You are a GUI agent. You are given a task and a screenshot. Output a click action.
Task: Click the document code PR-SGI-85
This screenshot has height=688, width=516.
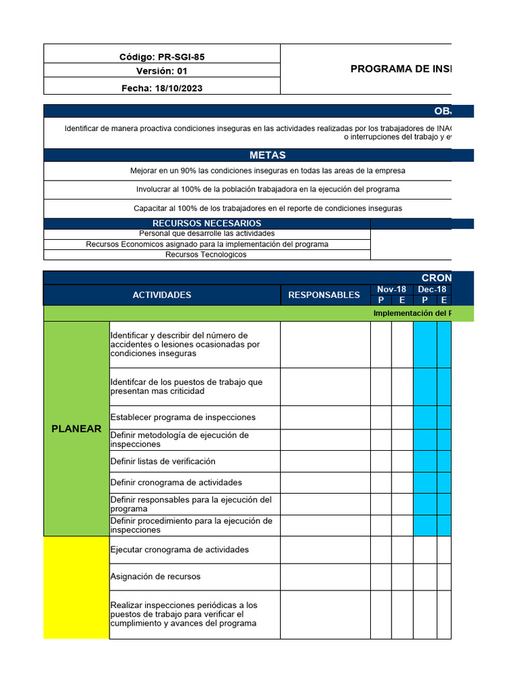coord(162,56)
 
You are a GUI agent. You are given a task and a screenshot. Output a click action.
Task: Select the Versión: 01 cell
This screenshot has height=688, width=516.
coord(162,71)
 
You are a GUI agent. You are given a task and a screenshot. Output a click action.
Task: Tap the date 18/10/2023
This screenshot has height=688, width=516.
coord(162,88)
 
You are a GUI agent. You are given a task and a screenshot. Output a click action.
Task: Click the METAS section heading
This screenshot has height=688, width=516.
coord(267,155)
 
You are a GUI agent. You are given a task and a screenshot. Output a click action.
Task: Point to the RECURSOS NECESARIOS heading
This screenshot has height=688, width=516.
coord(207,223)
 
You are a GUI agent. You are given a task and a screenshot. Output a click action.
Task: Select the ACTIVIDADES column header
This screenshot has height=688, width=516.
coord(162,295)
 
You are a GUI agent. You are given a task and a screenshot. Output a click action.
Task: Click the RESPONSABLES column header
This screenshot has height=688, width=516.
coord(324,295)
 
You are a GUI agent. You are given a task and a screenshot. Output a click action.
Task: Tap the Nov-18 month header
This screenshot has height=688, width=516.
coord(391,290)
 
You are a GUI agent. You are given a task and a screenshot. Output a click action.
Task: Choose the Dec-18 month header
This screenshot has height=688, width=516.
coord(432,290)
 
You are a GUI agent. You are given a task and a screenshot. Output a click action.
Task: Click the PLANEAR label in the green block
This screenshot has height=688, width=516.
coord(77,429)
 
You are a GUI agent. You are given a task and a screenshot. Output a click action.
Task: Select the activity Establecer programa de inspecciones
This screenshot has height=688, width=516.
coord(183,417)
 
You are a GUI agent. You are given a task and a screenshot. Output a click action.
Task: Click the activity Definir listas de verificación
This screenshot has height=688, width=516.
coord(163,462)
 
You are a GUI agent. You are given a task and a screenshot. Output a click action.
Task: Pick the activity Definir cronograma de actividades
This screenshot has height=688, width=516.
coord(176,482)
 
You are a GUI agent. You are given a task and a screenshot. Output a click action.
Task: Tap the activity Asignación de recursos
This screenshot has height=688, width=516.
coord(155,576)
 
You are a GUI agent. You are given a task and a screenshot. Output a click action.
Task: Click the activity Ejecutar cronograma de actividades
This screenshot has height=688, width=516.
coord(179,550)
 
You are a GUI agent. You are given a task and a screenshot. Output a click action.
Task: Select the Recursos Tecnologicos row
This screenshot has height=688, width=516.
coord(206,255)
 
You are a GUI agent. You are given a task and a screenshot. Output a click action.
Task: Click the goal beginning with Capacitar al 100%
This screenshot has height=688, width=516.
coord(267,208)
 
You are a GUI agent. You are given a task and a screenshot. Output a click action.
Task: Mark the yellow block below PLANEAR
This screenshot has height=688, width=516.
coord(77,587)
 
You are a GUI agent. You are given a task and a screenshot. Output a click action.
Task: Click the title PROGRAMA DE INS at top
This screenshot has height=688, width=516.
coord(400,69)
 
